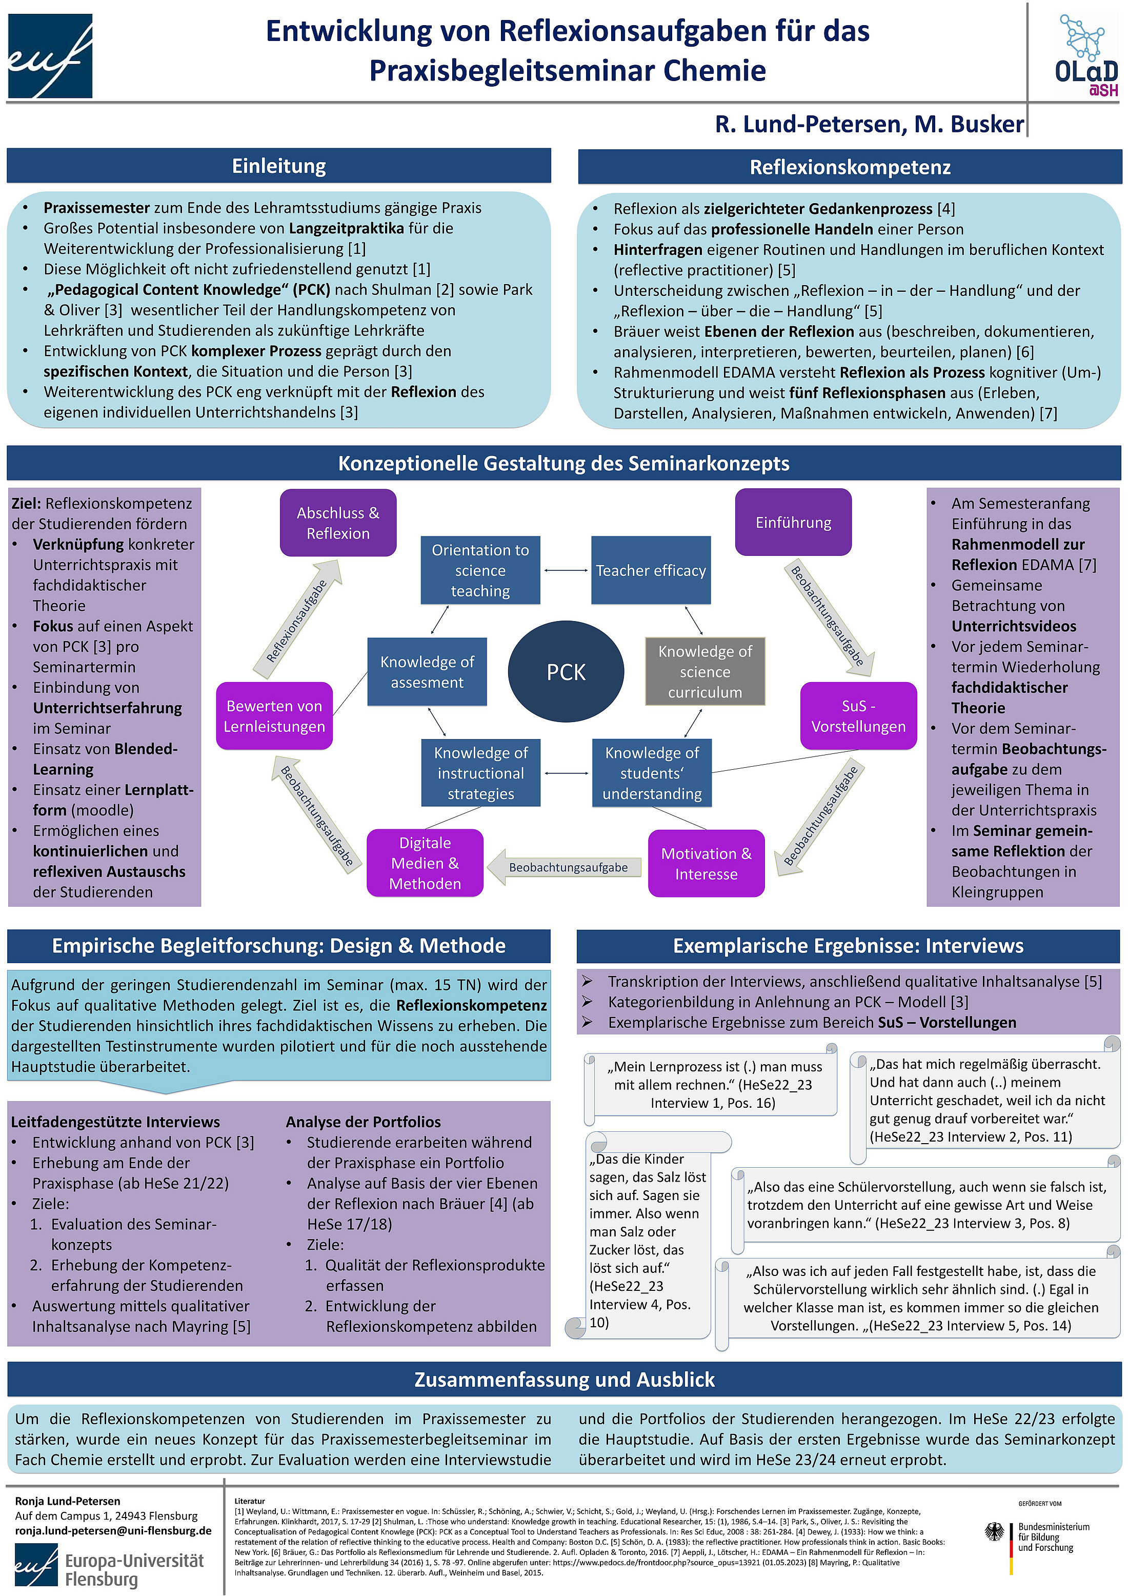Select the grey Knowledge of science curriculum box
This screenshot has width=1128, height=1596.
[704, 671]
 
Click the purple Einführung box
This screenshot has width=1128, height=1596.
[793, 522]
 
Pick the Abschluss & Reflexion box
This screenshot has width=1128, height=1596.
[338, 523]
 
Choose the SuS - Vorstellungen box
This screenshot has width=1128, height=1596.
[858, 715]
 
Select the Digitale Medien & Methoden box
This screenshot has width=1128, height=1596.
[425, 863]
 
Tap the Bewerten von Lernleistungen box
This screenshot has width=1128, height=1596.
[274, 715]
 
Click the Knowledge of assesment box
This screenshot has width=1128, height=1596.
[427, 671]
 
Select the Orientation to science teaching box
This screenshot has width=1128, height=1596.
[480, 570]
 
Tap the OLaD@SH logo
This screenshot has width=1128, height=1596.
[1085, 55]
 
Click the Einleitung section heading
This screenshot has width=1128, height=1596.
[279, 166]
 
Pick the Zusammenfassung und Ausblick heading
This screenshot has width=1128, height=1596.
[565, 1379]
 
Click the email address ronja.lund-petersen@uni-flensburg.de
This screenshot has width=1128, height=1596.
[113, 1531]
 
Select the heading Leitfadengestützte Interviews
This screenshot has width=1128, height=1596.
[115, 1122]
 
